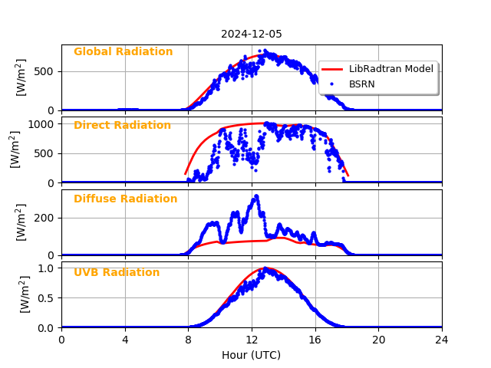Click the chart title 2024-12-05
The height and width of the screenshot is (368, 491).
tap(252, 34)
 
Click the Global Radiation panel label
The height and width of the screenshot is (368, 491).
tap(123, 52)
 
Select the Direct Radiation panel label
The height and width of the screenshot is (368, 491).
tap(122, 126)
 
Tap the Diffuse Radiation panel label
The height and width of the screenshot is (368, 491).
tap(125, 199)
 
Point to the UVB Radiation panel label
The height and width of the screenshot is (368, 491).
tap(117, 273)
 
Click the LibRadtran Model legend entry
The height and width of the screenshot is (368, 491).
tap(390, 69)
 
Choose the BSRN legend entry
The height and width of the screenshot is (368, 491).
tap(361, 84)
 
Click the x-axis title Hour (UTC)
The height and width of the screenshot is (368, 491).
tap(251, 355)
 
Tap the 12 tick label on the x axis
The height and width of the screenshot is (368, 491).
tap(252, 340)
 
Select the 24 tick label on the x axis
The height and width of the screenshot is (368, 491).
tap(441, 340)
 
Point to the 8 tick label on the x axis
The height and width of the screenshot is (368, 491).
tap(188, 340)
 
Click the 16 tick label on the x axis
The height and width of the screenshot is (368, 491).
tap(315, 340)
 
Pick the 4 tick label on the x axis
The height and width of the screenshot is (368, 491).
tap(125, 340)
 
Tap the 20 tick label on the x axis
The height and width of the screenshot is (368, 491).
tap(378, 340)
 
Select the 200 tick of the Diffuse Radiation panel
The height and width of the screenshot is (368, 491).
tap(46, 218)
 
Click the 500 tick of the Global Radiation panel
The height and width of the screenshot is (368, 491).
tap(46, 71)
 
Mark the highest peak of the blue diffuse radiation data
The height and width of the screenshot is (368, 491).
tap(256, 196)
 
